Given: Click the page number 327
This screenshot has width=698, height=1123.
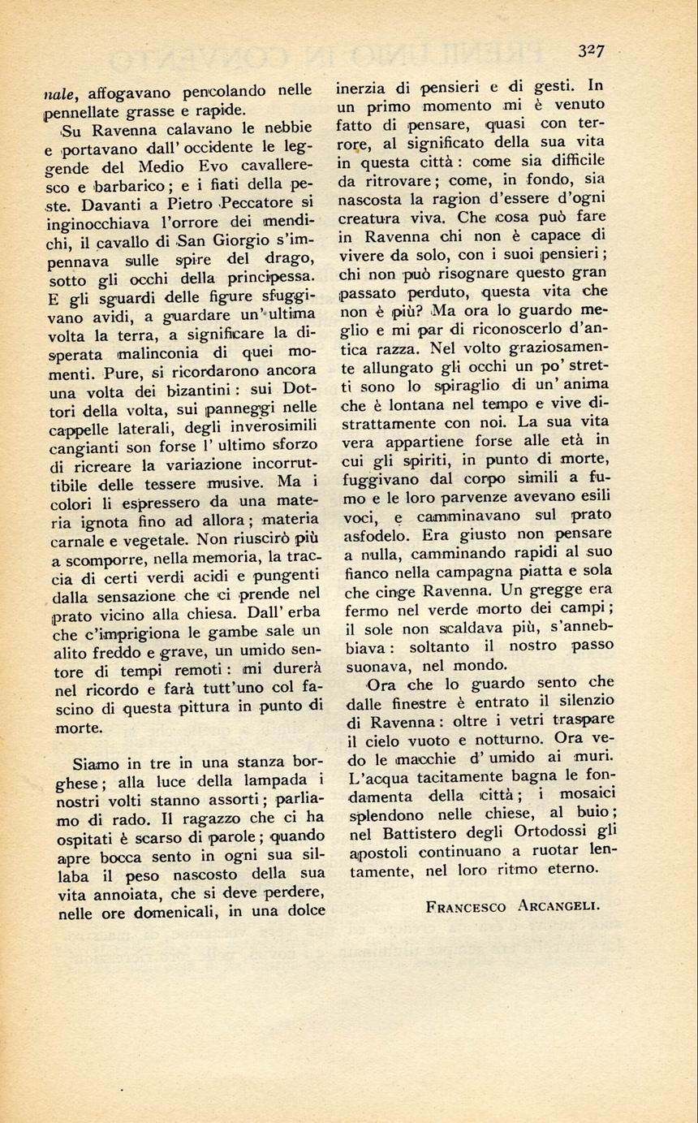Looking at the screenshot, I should pos(591,51).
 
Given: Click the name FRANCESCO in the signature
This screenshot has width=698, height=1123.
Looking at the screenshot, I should pos(465,907).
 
